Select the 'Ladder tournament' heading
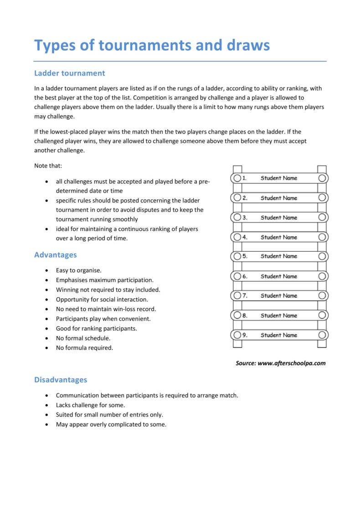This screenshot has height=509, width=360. pyautogui.click(x=70, y=73)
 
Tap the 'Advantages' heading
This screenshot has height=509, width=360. pyautogui.click(x=56, y=255)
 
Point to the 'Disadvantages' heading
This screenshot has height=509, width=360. pyautogui.click(x=61, y=379)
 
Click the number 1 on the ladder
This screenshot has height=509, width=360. pyautogui.click(x=244, y=178)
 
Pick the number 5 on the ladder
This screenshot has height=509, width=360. pyautogui.click(x=245, y=256)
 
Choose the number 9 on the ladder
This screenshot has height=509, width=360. pyautogui.click(x=245, y=335)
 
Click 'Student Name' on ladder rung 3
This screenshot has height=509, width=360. pyautogui.click(x=279, y=218)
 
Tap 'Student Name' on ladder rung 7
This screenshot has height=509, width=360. pyautogui.click(x=279, y=296)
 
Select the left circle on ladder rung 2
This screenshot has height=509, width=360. pyautogui.click(x=237, y=198)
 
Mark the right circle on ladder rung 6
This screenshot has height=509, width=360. pyautogui.click(x=322, y=276)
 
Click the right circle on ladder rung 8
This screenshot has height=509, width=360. pyautogui.click(x=322, y=316)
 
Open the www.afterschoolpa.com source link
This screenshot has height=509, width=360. pyautogui.click(x=292, y=363)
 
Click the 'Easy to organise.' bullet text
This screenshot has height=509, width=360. pyautogui.click(x=79, y=270)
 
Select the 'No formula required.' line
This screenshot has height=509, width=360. pyautogui.click(x=84, y=348)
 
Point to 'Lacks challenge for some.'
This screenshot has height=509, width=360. pyautogui.click(x=90, y=405)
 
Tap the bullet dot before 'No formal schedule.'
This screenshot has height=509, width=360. pyautogui.click(x=48, y=338)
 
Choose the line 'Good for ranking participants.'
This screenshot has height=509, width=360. pyautogui.click(x=97, y=328)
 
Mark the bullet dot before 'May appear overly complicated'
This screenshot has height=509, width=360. pyautogui.click(x=48, y=425)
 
